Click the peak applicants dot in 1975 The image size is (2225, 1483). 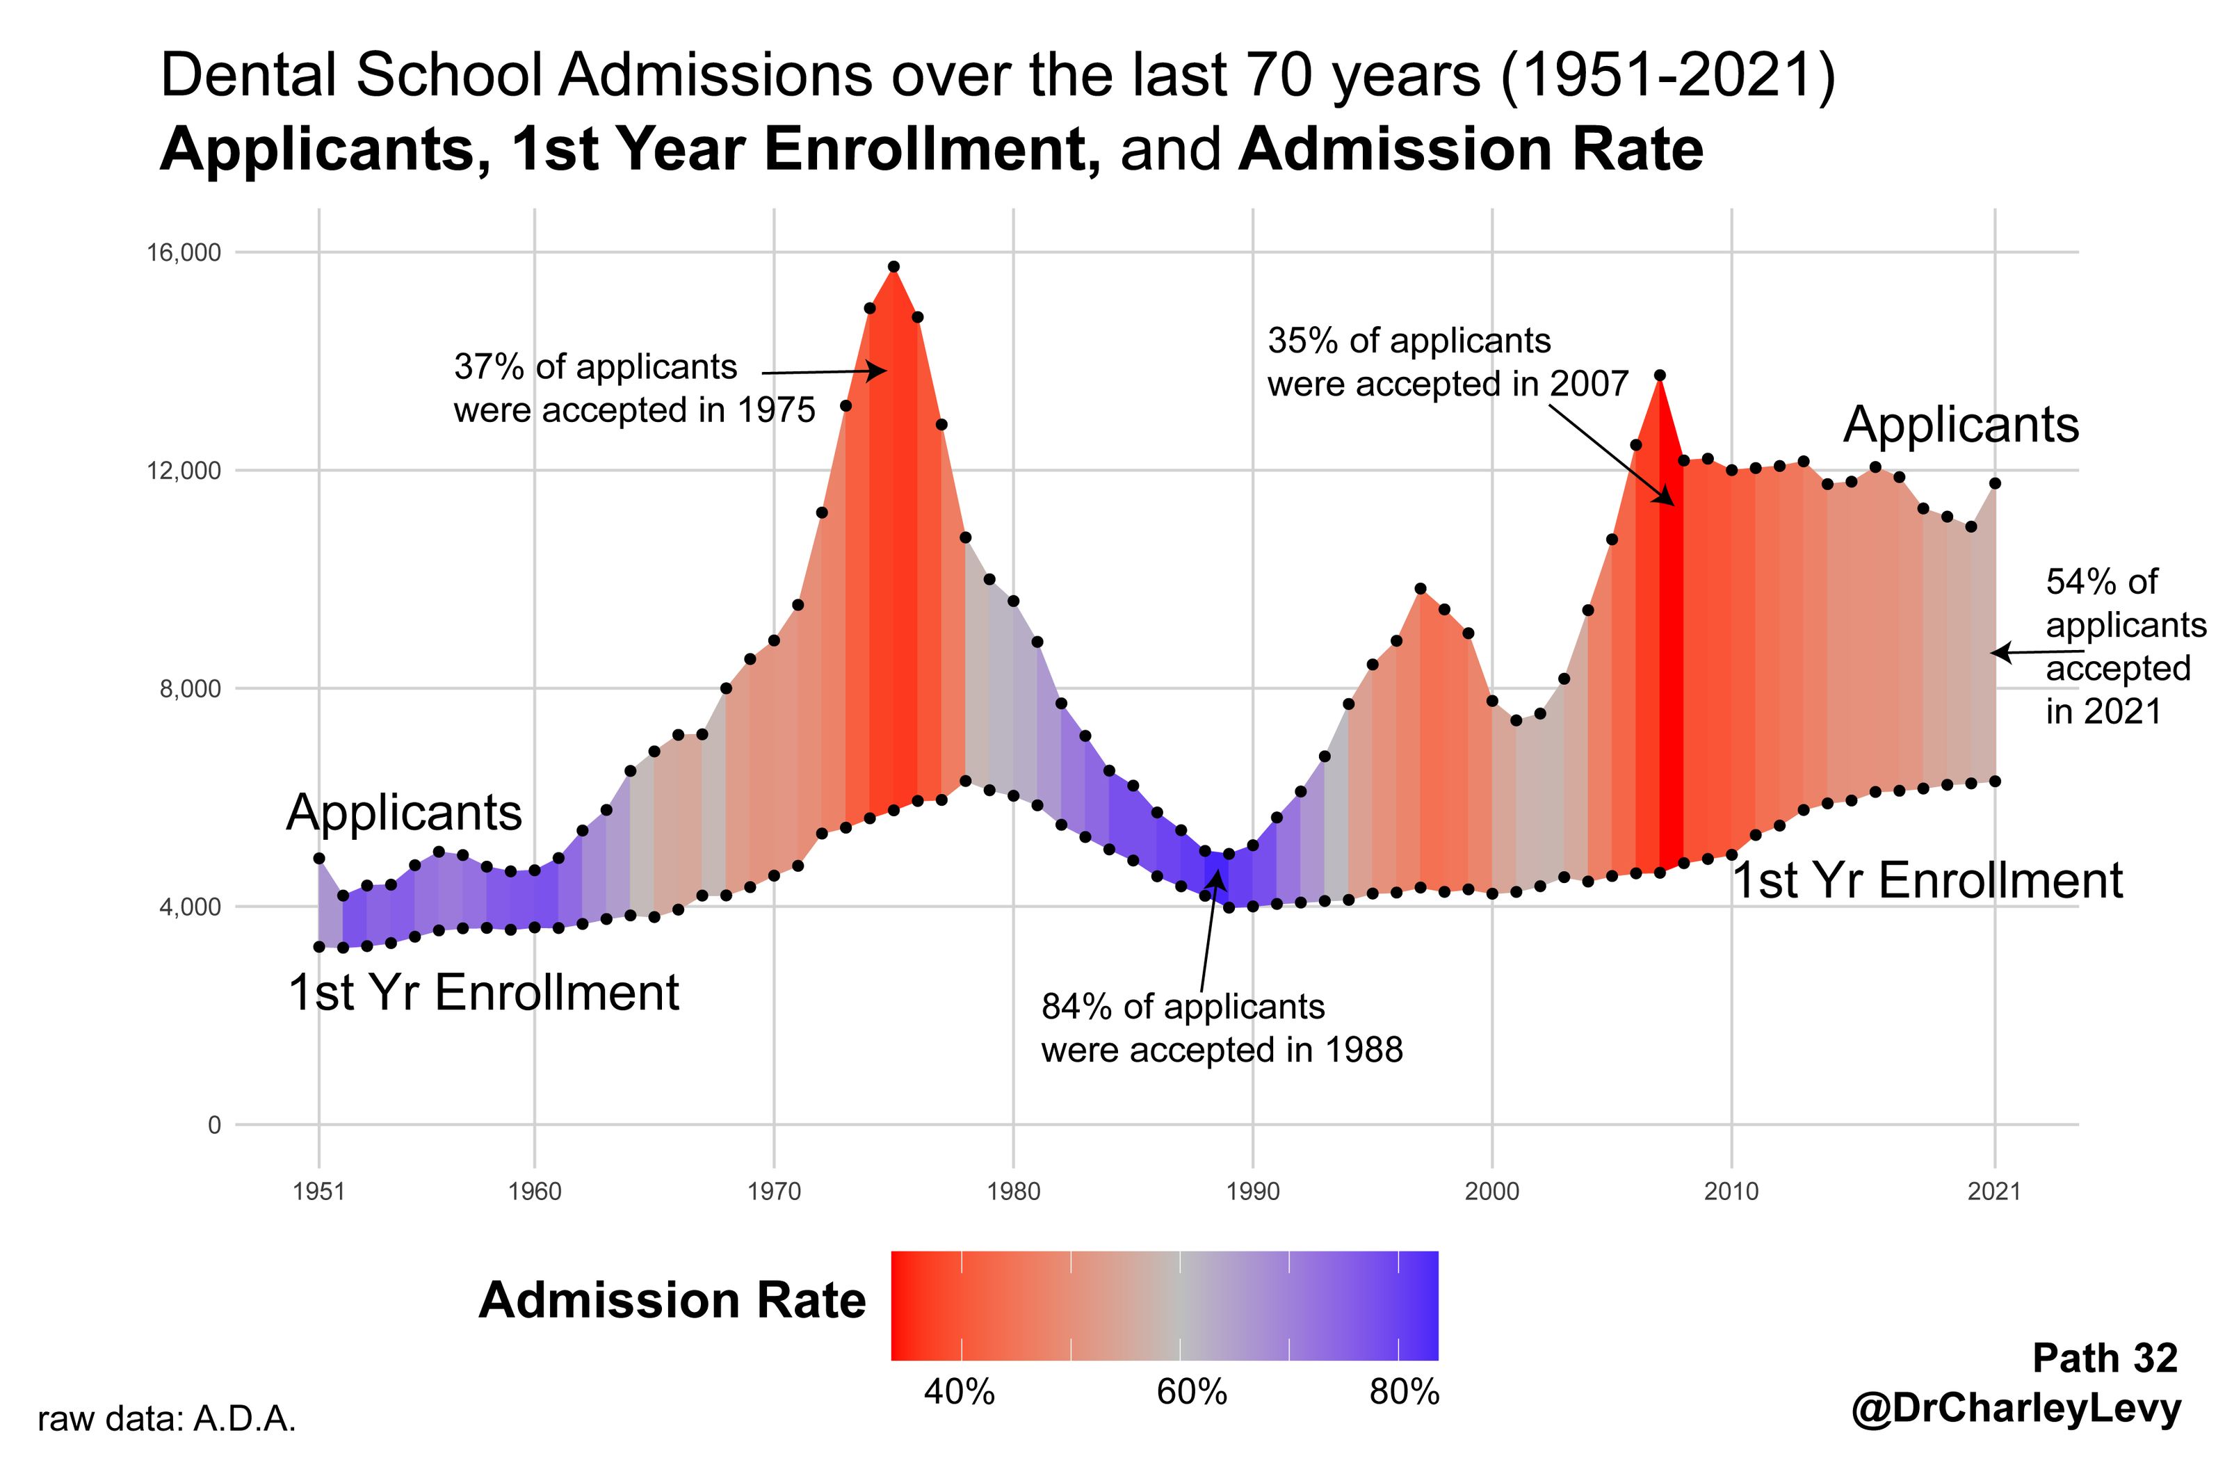coord(893,268)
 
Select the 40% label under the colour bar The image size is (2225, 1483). coord(959,1392)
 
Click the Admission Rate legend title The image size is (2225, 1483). coord(672,1300)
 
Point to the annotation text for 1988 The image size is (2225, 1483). coord(1221,1029)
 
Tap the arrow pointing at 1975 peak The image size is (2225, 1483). coord(823,373)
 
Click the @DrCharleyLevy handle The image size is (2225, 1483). coord(2015,1409)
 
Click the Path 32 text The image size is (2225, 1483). coord(2104,1358)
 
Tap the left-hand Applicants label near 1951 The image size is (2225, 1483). coord(404,813)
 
